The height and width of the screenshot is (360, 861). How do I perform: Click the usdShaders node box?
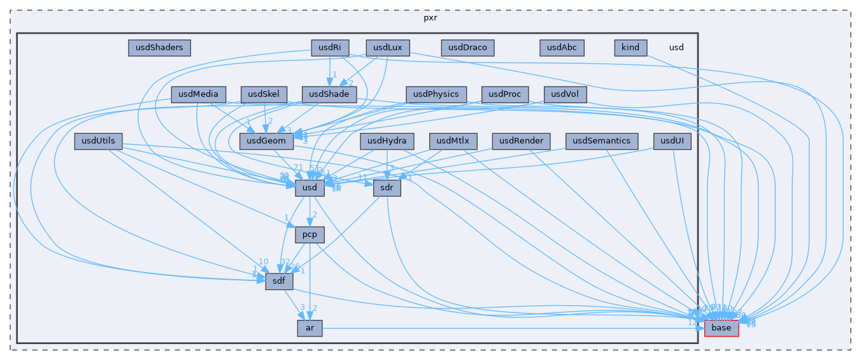[159, 47]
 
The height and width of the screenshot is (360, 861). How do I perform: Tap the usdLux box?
[387, 47]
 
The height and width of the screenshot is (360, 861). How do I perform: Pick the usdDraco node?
[467, 47]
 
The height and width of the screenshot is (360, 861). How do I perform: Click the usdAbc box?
[562, 47]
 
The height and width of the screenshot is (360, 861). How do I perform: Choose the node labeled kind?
[630, 47]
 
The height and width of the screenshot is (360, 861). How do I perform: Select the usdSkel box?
[264, 95]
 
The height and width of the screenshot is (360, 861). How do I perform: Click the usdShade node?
[329, 95]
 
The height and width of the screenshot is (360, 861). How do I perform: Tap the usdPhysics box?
[436, 95]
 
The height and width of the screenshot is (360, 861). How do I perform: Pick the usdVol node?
[564, 95]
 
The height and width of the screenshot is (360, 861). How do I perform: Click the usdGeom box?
[262, 141]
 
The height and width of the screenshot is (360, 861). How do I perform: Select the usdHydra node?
[387, 141]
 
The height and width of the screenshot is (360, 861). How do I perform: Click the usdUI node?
[672, 141]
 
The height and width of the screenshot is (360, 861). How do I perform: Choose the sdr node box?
[387, 188]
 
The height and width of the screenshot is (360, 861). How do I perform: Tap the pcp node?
[310, 234]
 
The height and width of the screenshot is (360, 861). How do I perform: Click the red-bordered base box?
[722, 328]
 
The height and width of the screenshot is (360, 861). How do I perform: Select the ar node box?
[310, 328]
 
